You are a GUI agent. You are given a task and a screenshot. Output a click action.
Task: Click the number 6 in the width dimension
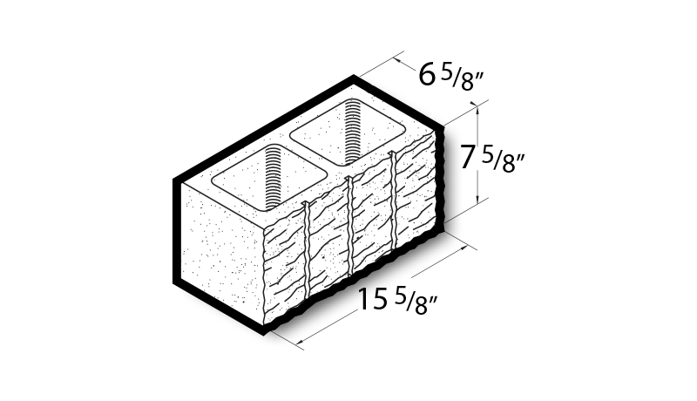point(426,74)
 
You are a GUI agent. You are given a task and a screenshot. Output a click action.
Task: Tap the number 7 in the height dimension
point(467,158)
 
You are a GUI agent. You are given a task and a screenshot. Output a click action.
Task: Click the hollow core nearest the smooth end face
point(269,177)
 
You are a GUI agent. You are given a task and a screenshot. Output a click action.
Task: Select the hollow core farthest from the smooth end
point(348,131)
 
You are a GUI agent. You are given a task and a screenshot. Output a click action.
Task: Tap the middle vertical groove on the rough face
point(351,227)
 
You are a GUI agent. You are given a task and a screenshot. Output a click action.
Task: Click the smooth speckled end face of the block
point(222,254)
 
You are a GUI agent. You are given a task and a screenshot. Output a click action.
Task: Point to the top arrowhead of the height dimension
point(477,106)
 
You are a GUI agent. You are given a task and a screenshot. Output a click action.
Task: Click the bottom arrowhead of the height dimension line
point(477,198)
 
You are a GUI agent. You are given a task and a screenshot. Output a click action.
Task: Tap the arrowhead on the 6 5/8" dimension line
point(398,61)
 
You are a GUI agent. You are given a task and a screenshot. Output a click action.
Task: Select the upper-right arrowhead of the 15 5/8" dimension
point(463,248)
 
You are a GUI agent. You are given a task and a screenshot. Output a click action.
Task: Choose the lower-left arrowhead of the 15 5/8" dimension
point(301,341)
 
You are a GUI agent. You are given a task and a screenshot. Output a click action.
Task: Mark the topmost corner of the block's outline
point(354,76)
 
